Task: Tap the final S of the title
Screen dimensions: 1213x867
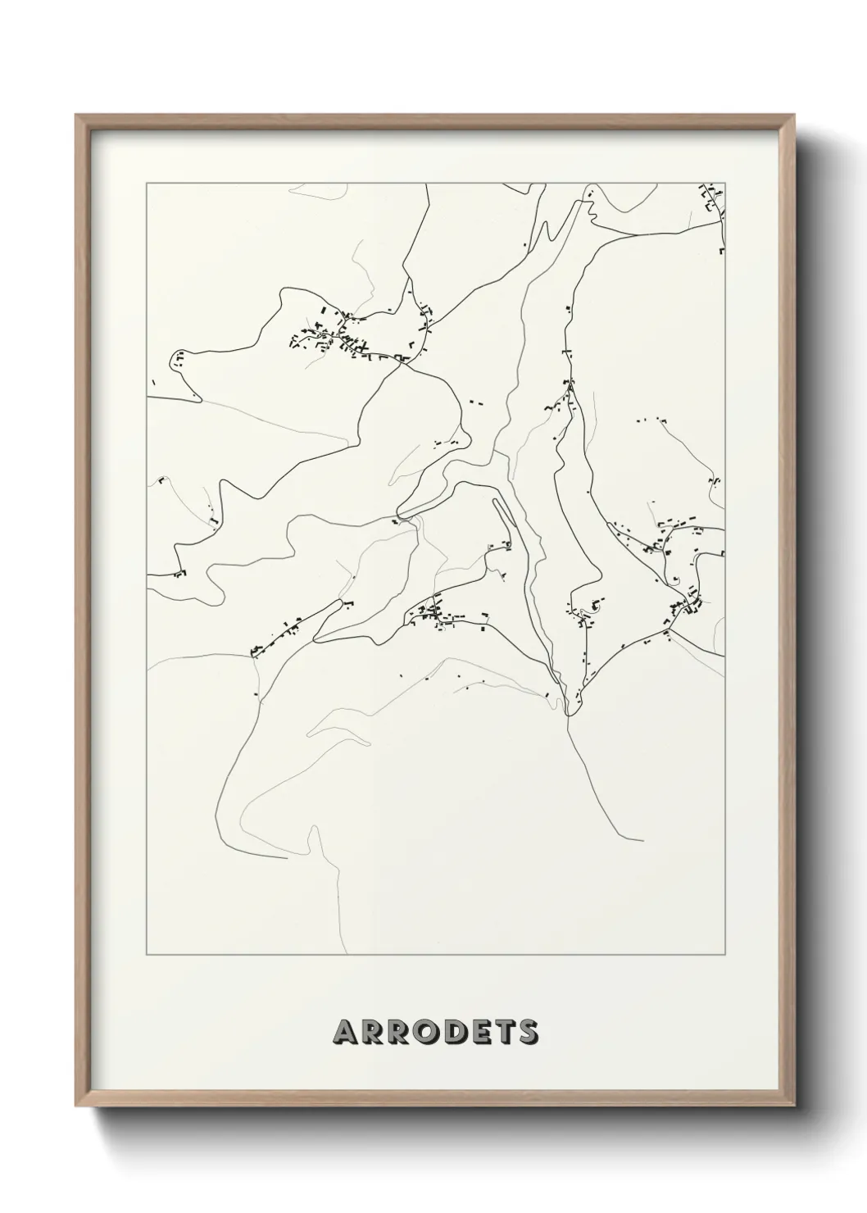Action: pos(529,1032)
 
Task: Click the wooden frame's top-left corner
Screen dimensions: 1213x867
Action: pos(76,116)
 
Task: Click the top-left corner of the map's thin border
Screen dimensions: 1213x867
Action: pos(147,183)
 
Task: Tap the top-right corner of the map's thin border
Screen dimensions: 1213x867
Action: pos(725,183)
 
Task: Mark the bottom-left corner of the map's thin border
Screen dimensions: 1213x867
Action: pos(147,955)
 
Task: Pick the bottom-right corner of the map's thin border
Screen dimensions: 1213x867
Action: pos(725,955)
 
